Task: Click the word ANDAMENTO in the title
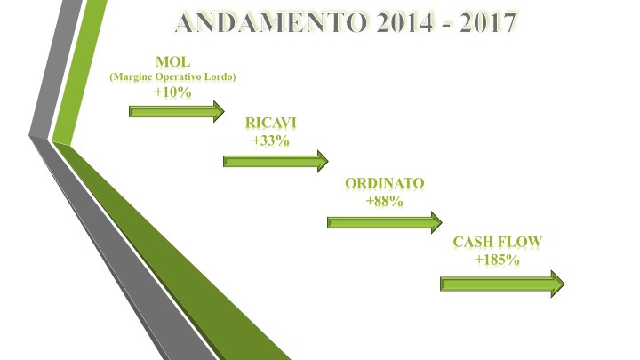pyautogui.click(x=273, y=22)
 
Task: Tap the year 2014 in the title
pyautogui.click(x=405, y=22)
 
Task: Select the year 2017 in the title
pyautogui.click(x=488, y=22)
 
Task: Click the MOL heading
pyautogui.click(x=173, y=62)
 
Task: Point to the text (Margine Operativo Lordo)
pyautogui.click(x=173, y=76)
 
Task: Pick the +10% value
pyautogui.click(x=172, y=92)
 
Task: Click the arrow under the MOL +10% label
pyautogui.click(x=177, y=111)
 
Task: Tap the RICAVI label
pyautogui.click(x=270, y=123)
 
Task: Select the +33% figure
pyautogui.click(x=270, y=140)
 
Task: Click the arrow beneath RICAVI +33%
pyautogui.click(x=276, y=161)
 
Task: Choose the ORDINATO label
pyautogui.click(x=385, y=183)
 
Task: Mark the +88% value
pyautogui.click(x=385, y=201)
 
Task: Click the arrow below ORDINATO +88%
pyautogui.click(x=385, y=222)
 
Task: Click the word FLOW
pyautogui.click(x=518, y=242)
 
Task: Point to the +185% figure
pyautogui.click(x=497, y=260)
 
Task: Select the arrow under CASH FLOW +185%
pyautogui.click(x=502, y=284)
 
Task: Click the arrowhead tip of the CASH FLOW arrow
pyautogui.click(x=564, y=284)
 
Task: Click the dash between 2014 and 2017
pyautogui.click(x=446, y=25)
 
